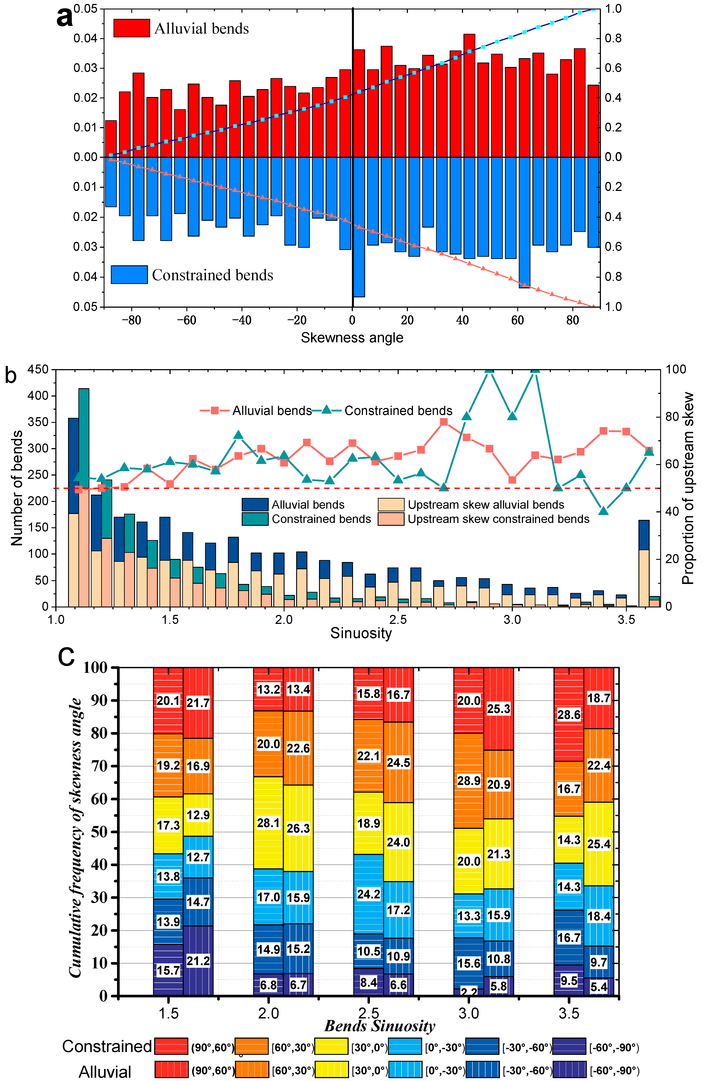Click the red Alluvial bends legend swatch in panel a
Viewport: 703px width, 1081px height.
[x=131, y=28]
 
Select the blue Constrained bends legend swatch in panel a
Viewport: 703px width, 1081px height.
[x=129, y=275]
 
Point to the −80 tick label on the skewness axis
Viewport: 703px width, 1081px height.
[x=131, y=320]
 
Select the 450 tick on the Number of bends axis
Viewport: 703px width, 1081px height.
[x=38, y=369]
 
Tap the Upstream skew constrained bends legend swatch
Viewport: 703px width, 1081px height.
[x=391, y=519]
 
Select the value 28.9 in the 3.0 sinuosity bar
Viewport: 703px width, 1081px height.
[x=469, y=781]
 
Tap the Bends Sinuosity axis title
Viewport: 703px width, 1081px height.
[x=380, y=1026]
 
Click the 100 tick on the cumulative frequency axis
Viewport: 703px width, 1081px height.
[x=95, y=668]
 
